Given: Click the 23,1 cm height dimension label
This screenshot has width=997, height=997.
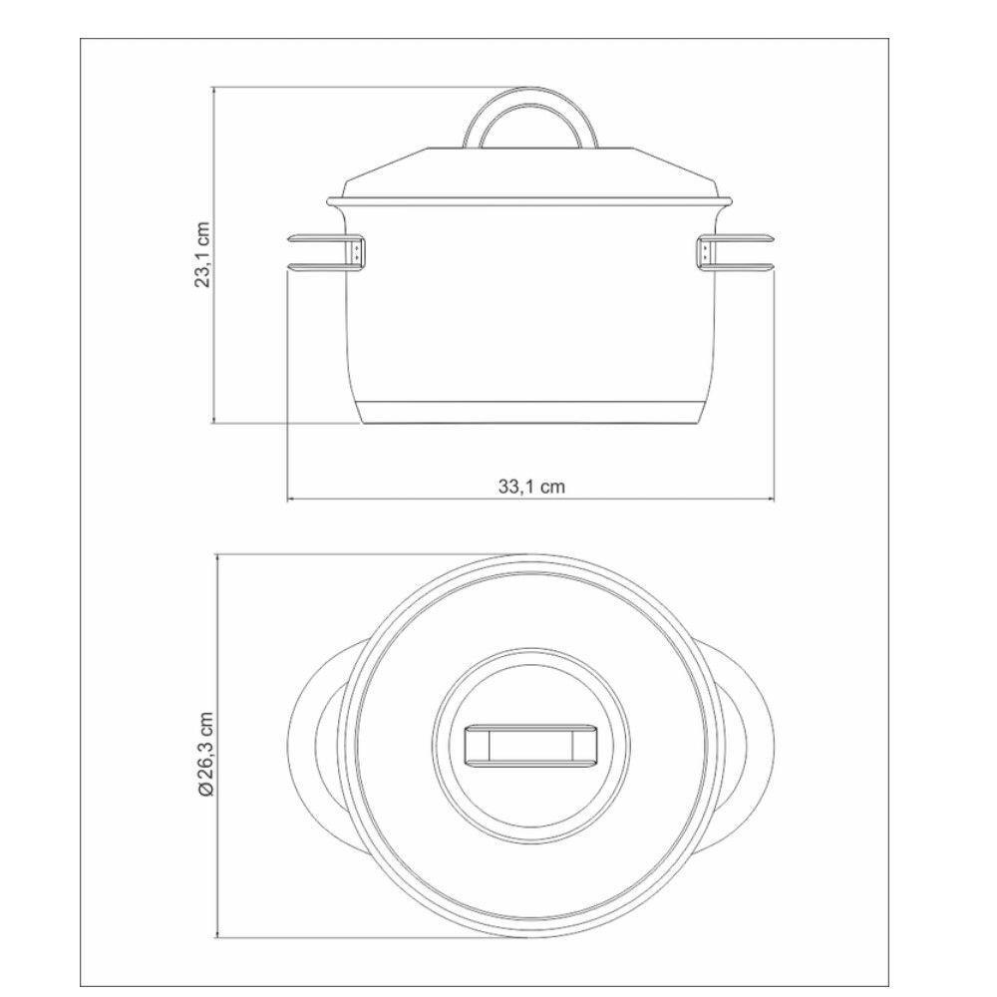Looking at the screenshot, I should tap(203, 254).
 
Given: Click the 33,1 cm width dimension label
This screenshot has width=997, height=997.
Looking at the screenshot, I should tap(531, 487).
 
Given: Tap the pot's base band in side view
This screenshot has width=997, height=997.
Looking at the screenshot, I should tap(531, 412).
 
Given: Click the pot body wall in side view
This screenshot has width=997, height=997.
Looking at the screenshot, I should tap(531, 309).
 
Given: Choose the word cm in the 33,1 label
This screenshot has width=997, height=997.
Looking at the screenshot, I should tap(553, 487).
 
